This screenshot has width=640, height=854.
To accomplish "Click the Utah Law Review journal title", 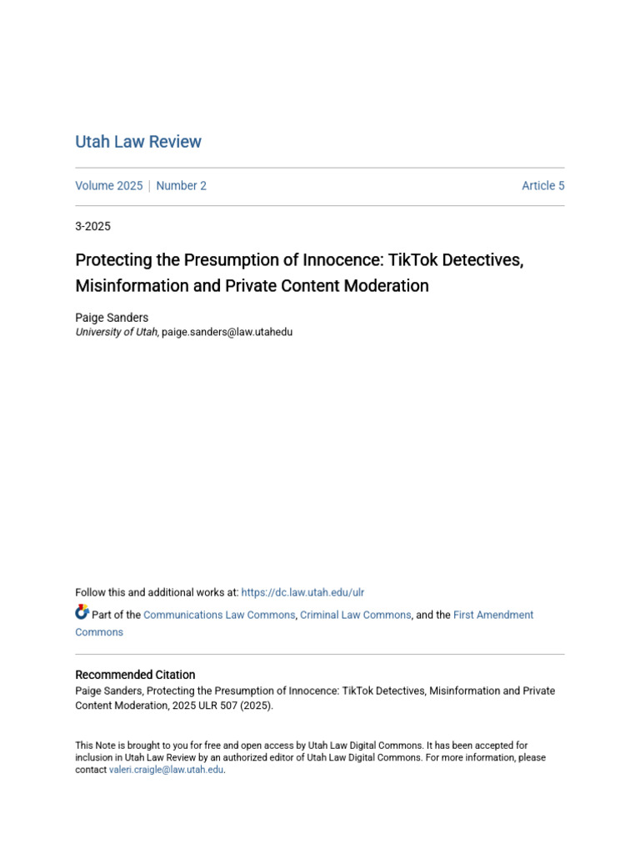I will click(138, 142).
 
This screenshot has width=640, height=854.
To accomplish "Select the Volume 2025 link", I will click(108, 186).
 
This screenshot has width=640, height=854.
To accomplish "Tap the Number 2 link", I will click(181, 186).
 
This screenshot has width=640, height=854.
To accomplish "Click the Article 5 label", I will click(542, 186).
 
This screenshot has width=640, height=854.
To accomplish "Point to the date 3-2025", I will click(92, 226).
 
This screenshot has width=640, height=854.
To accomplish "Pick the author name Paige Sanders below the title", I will click(112, 318).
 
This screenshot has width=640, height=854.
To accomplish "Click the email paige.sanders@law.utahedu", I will click(227, 332).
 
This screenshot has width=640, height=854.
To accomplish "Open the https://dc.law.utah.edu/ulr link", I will click(302, 592).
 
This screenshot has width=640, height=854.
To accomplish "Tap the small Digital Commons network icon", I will click(82, 612).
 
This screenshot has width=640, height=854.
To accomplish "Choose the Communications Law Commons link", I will click(219, 615).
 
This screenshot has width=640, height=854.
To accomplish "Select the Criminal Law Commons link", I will click(355, 615).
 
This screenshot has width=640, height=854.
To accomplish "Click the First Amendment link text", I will click(493, 615).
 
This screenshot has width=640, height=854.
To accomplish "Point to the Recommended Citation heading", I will click(135, 675).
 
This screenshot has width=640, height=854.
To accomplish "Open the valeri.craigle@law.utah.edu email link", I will click(167, 770).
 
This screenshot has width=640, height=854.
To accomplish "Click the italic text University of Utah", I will click(116, 332).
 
